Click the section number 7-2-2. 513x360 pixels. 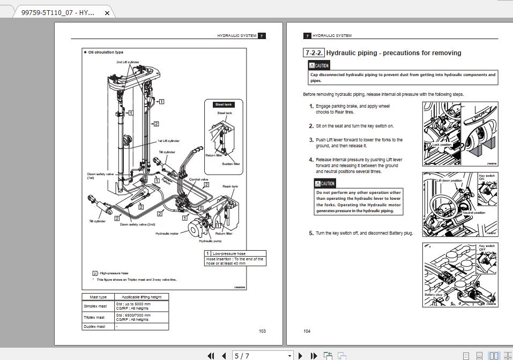314,53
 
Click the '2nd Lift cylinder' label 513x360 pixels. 128,62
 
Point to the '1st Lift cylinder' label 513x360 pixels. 168,141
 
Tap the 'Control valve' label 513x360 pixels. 198,179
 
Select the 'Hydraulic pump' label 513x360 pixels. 210,241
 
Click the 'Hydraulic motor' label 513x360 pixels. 167,234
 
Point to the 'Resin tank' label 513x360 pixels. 231,186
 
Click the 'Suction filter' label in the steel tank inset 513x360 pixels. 231,164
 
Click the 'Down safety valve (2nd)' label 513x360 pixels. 137,224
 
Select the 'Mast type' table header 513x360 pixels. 98,297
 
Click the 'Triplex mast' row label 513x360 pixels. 94,317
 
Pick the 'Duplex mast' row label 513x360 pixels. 94,326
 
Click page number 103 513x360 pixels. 262,331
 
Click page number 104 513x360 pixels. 307,331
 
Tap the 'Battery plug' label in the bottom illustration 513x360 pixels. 433,295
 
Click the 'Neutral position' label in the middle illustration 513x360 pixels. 473,213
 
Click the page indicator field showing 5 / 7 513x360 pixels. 263,356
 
